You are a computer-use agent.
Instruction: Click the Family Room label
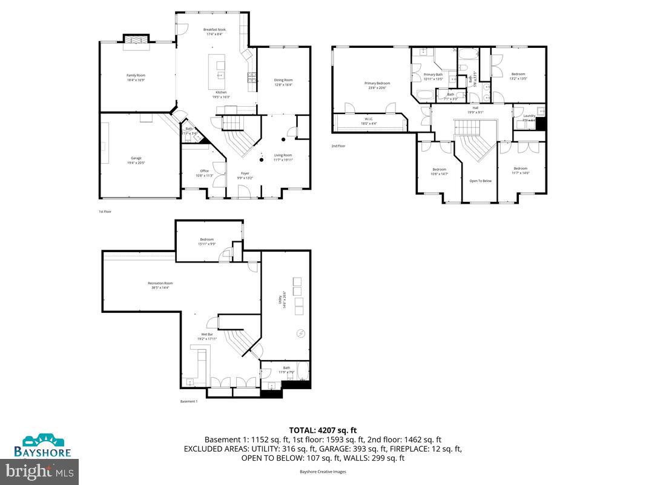[136, 77]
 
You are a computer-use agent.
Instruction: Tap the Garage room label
[136, 160]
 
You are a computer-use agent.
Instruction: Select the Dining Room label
[283, 82]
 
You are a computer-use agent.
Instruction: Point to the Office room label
[205, 173]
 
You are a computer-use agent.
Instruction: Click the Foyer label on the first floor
[245, 175]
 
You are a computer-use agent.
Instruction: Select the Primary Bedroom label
[377, 85]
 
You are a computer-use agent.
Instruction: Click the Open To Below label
[480, 181]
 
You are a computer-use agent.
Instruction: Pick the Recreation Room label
[160, 285]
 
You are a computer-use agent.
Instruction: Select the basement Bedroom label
[207, 242]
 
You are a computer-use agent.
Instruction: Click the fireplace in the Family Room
[136, 39]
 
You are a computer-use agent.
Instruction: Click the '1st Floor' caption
[105, 212]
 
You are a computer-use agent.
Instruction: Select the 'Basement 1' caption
[189, 401]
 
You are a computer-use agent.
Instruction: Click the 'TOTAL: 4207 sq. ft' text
[323, 430]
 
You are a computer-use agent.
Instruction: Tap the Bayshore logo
[43, 446]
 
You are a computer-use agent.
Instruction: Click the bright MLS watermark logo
[39, 470]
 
